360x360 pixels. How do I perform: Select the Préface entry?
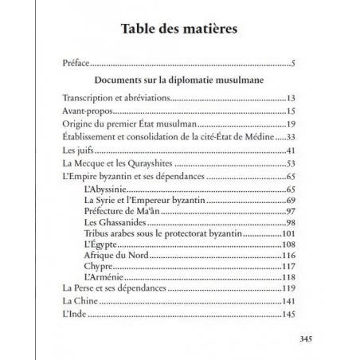76,63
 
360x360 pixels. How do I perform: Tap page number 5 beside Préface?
294,64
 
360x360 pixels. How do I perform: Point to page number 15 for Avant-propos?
292,112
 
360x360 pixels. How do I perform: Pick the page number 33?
292,139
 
